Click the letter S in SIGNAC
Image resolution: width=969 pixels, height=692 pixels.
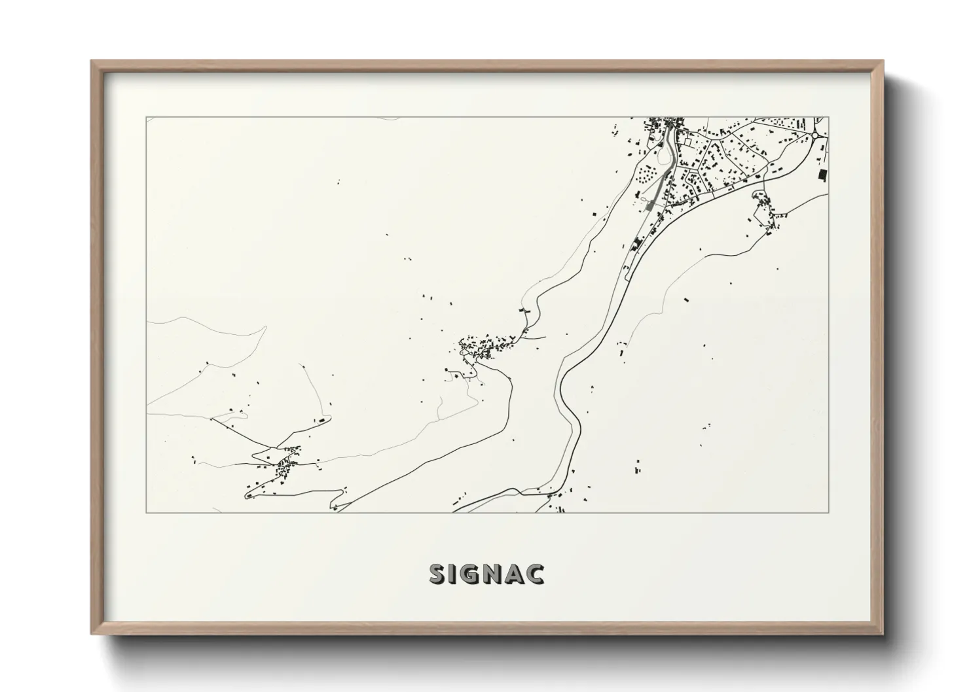click(x=437, y=574)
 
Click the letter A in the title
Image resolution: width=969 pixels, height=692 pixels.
click(x=517, y=574)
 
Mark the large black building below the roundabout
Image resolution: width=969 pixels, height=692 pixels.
click(x=822, y=175)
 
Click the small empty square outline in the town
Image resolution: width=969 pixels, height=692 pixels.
click(x=687, y=141)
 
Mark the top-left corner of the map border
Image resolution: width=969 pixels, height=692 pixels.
click(x=147, y=118)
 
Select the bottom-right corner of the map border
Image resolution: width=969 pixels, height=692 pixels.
click(x=828, y=512)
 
